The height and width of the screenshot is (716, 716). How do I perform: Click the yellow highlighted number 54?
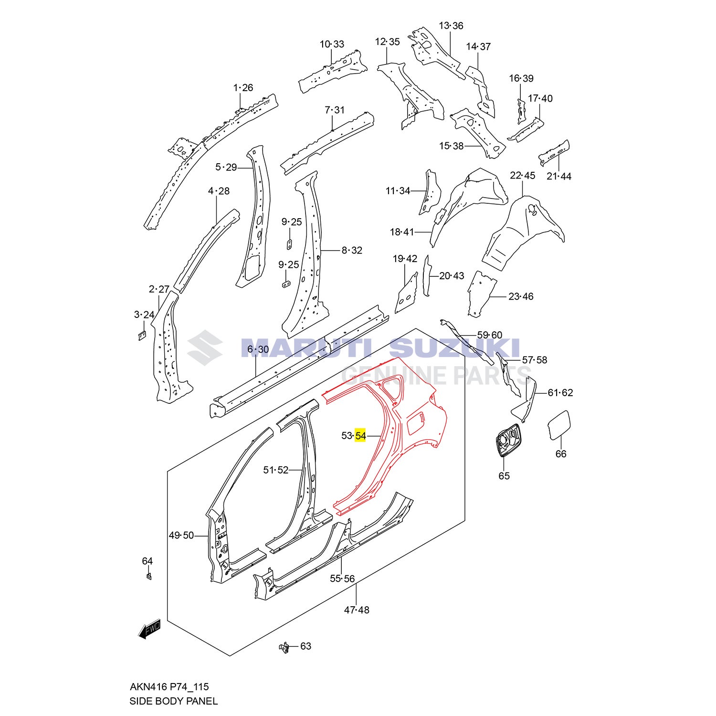[x=360, y=435]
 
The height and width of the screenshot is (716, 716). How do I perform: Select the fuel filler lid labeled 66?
[x=558, y=425]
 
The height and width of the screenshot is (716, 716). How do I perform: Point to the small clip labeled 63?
[x=285, y=647]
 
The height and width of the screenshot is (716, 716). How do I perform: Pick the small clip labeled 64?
[x=149, y=576]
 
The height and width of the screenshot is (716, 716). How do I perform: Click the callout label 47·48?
[x=357, y=610]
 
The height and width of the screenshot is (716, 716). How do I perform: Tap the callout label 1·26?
[x=243, y=87]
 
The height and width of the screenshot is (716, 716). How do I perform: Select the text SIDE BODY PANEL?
[x=173, y=701]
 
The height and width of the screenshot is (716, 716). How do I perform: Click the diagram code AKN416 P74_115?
[x=169, y=686]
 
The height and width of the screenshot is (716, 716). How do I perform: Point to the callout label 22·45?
[x=522, y=175]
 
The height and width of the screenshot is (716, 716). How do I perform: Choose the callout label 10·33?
[x=332, y=44]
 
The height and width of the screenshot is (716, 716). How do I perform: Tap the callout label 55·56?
[x=342, y=579]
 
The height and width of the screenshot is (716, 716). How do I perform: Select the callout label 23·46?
[x=521, y=296]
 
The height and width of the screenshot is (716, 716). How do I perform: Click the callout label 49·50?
[x=181, y=536]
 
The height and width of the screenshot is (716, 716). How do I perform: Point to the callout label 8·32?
[x=352, y=250]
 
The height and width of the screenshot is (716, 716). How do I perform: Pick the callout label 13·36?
[x=451, y=25]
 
